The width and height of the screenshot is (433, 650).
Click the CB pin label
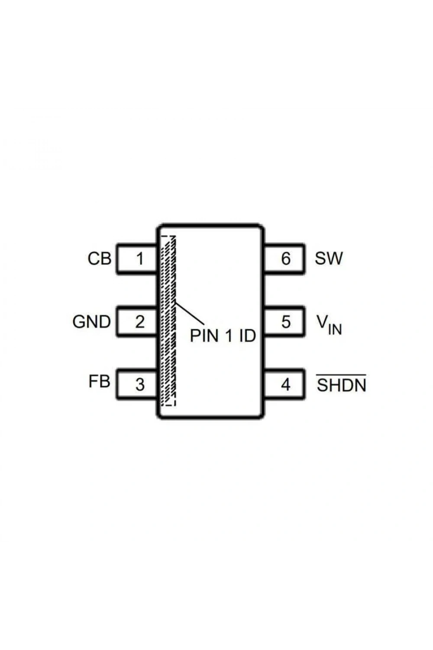point(99,258)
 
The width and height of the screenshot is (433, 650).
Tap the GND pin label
point(92,322)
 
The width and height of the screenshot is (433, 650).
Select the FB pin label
point(99,382)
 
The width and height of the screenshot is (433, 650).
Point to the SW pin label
point(329,258)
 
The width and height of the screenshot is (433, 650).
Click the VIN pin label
point(329,325)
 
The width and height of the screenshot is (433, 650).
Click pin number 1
point(140,259)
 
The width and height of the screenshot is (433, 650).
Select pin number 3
point(140,385)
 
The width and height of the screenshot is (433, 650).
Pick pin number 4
point(286,384)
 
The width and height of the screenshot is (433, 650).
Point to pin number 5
point(286,322)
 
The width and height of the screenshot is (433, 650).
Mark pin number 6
point(286,259)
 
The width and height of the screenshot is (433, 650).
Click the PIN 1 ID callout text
point(223,336)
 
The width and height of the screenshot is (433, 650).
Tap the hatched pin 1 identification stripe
point(168,321)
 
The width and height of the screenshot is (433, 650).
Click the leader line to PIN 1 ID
point(190,313)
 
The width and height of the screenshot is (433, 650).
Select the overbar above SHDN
point(341,375)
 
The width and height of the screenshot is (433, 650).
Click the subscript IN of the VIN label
point(335,329)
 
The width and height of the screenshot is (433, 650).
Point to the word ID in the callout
point(248,336)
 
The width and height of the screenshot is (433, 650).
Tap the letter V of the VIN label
point(322,322)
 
